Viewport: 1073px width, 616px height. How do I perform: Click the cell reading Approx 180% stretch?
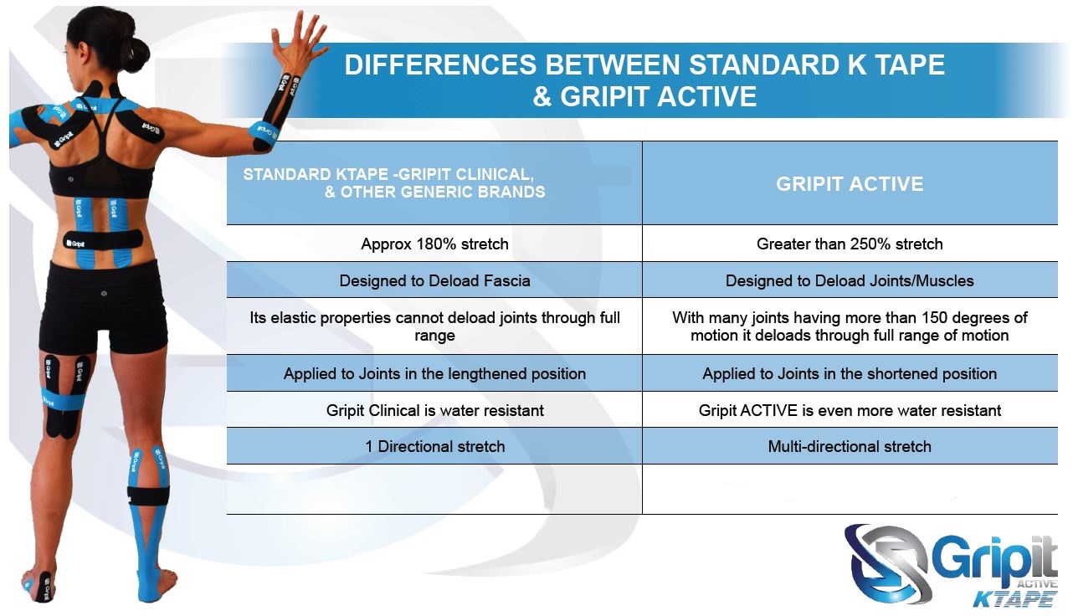pos(434,244)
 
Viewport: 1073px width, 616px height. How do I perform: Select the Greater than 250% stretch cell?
pos(850,244)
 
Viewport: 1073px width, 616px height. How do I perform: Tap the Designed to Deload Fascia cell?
pos(434,281)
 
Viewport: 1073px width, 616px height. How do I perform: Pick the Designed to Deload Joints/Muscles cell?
pos(850,281)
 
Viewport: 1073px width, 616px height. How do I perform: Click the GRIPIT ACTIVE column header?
pos(850,184)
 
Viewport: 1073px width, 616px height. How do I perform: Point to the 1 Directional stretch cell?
pos(434,447)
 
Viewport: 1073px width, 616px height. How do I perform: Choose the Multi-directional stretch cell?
pos(850,447)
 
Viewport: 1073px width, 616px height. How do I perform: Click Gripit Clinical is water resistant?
pos(434,411)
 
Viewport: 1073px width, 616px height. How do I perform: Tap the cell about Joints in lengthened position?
pos(434,374)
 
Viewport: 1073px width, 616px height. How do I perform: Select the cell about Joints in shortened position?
pos(850,374)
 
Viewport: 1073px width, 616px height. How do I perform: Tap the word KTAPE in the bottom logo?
pos(1014,598)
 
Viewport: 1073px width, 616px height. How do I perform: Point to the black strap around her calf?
pos(148,495)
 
